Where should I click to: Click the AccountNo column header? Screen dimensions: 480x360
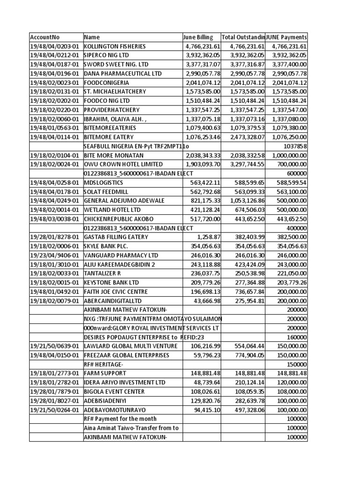coord(45,37)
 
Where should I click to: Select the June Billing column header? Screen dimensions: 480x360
coord(198,37)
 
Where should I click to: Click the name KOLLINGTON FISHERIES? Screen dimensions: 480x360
coord(115,46)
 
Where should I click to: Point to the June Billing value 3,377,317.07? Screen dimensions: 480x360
coord(203,64)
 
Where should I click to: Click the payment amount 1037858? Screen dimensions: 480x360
coord(296,146)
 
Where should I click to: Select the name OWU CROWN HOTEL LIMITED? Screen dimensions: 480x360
coord(123,164)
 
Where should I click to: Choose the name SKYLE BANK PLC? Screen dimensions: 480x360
coord(106,246)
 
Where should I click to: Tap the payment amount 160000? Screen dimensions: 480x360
coord(297,337)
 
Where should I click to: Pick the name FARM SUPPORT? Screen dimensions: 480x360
coord(105,373)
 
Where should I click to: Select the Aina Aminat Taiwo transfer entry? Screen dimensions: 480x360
coord(131,427)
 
